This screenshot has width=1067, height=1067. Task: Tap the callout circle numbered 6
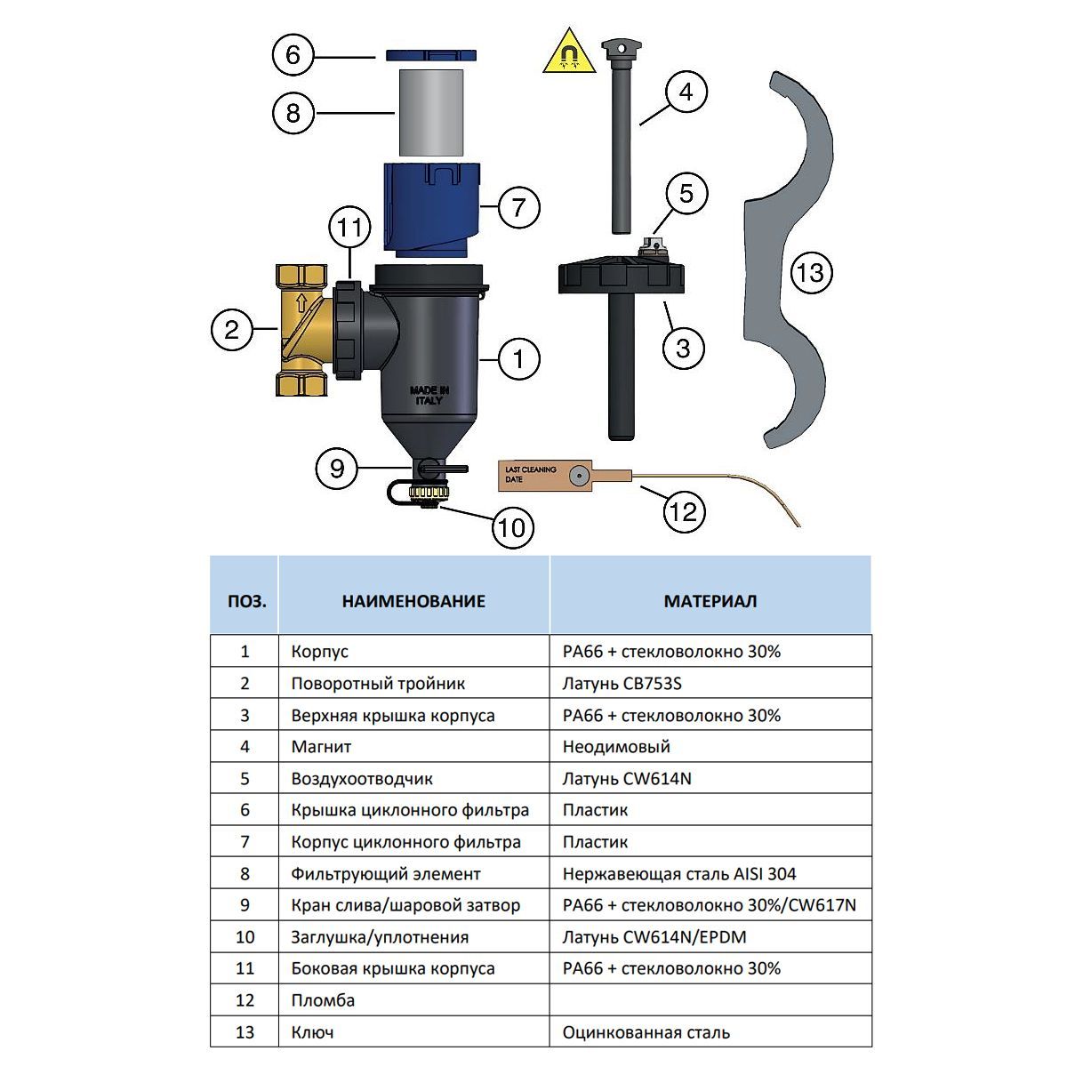(293, 55)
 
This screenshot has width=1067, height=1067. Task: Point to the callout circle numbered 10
(511, 528)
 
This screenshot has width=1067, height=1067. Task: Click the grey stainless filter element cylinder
(430, 113)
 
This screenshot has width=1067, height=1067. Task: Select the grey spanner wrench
(787, 258)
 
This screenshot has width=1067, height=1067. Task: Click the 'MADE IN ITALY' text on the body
(430, 395)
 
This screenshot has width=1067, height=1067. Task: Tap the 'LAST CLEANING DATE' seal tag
(551, 476)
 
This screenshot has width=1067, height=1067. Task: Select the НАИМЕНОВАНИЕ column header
(413, 601)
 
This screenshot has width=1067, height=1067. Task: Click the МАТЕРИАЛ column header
(710, 601)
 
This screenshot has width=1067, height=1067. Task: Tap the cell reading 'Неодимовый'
(616, 747)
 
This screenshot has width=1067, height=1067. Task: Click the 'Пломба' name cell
(323, 1000)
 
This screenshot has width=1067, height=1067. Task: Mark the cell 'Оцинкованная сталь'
(646, 1032)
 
